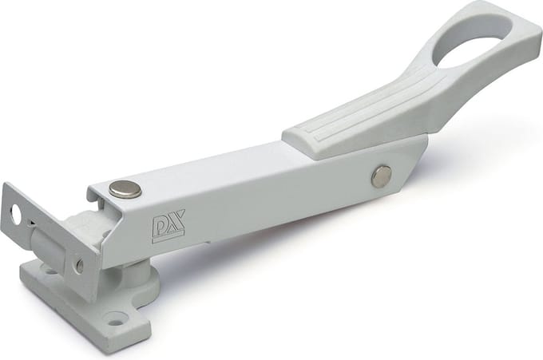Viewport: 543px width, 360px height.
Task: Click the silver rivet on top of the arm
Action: [125, 189]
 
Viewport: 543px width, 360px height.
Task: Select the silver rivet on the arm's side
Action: [382, 176]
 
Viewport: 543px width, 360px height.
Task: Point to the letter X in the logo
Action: [176, 222]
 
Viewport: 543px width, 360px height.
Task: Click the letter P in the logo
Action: [160, 227]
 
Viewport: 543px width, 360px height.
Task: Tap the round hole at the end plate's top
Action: [16, 214]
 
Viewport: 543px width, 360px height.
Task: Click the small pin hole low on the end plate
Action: [80, 266]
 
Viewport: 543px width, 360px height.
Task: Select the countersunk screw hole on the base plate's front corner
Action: [116, 320]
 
